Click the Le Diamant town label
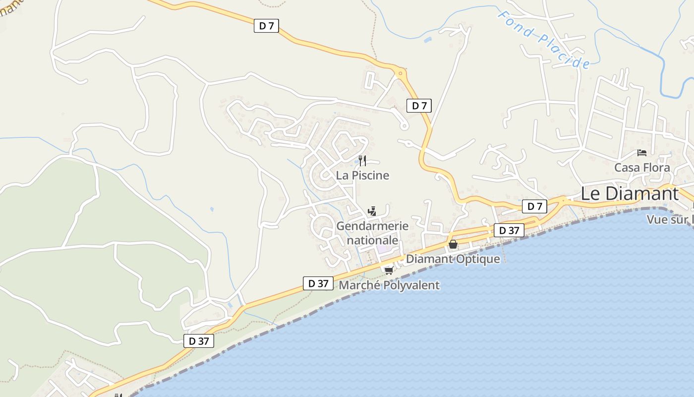pos(629,194)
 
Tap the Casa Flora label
pos(642,168)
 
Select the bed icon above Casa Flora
pos(642,153)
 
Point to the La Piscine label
pos(362,175)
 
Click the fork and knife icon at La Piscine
pos(362,160)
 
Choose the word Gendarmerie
pos(372,226)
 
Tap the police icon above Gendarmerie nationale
pos(372,212)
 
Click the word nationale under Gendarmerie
pos(372,240)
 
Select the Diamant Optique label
pos(453,259)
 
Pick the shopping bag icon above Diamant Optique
pos(453,244)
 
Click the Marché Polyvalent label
pos(389,285)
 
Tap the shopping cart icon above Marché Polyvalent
pos(389,270)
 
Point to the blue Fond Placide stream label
pos(544,40)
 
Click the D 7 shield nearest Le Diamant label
pos(534,206)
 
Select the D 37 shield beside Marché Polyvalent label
pos(318,283)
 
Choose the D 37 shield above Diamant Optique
pos(509,230)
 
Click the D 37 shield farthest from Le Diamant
pos(199,341)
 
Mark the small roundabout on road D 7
pos(401,73)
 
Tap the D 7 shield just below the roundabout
pos(419,106)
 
